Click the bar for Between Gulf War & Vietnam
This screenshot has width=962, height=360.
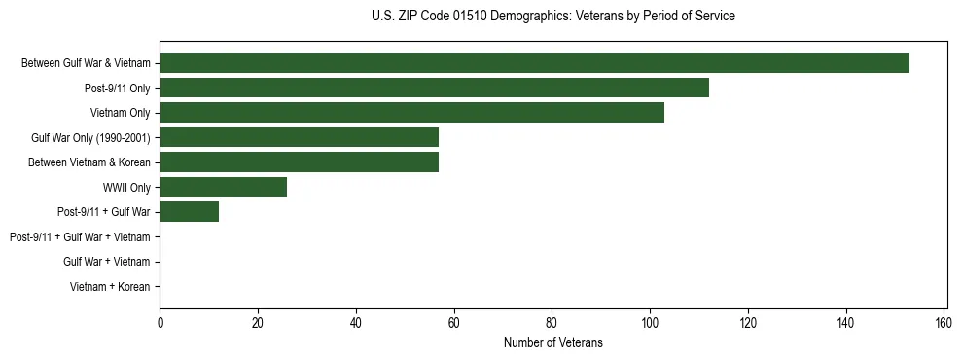click(534, 63)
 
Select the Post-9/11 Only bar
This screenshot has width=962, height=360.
click(434, 88)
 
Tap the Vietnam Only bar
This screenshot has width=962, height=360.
click(411, 113)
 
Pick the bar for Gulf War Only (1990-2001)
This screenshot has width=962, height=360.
click(299, 137)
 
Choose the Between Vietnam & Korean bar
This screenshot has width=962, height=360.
click(299, 162)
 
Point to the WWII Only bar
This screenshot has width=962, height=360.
click(223, 187)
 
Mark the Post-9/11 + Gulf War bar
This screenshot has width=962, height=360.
click(189, 212)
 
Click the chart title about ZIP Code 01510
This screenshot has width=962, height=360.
click(552, 17)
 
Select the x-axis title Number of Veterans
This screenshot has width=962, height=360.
click(552, 342)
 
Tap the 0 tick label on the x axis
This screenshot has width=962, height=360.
click(160, 323)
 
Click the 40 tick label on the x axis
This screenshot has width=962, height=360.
click(356, 323)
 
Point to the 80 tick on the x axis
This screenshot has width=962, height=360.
click(552, 323)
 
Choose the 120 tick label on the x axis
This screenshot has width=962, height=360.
click(748, 323)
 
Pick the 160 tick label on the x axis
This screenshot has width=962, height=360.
click(944, 323)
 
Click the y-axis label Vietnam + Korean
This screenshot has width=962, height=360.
click(110, 287)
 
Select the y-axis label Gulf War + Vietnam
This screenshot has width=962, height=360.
click(107, 262)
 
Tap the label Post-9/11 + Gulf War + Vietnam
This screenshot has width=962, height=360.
click(80, 237)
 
